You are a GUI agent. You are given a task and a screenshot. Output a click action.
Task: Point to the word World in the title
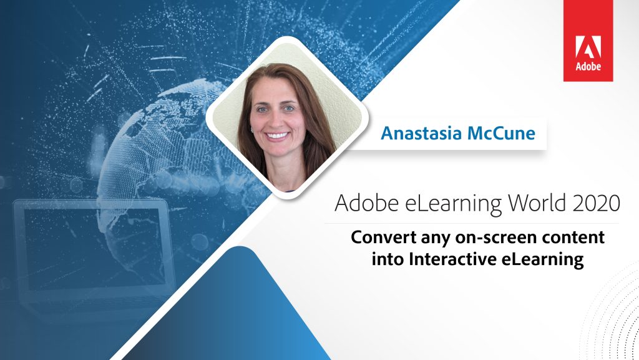(537, 203)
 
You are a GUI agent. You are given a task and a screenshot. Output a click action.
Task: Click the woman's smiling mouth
(277, 135)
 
